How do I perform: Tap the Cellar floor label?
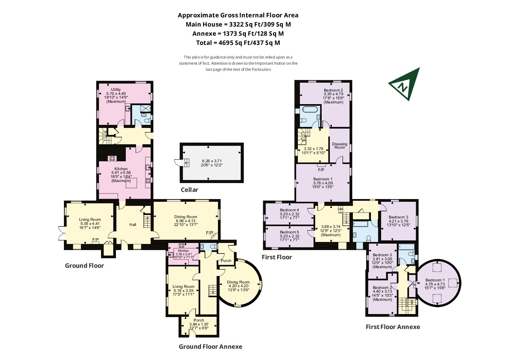pos(189,190)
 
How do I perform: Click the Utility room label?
pos(116,89)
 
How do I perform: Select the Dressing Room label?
pos(339,146)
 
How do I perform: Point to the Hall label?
pos(133,225)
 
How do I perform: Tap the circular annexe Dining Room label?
pos(238,282)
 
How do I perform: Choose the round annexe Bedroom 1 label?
pos(435,280)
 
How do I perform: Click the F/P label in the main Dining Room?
pos(209,233)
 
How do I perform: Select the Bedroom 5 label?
pos(289,232)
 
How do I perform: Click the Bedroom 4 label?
pos(289,210)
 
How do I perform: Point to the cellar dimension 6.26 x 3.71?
pos(212,161)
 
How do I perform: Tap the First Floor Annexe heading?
pos(393,327)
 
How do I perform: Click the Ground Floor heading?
pos(84,266)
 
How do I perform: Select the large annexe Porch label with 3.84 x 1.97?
pos(199,320)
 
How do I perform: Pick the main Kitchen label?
pos(121,169)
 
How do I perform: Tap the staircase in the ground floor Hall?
pos(147,222)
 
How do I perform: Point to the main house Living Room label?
pos(90,219)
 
